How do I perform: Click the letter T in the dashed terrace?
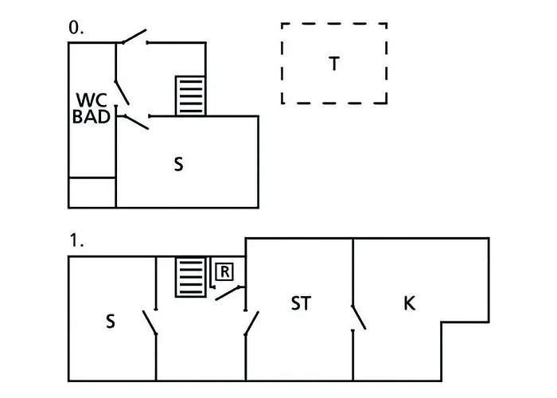click(x=334, y=64)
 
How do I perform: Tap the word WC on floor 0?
click(x=91, y=101)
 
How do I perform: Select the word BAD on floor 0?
click(x=91, y=118)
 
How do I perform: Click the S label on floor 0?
click(x=179, y=164)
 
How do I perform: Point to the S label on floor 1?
click(x=111, y=321)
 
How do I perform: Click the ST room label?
click(x=300, y=303)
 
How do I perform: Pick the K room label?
click(x=410, y=303)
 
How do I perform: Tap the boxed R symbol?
click(x=224, y=272)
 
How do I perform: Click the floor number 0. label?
click(x=76, y=28)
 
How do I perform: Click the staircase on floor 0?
click(x=190, y=96)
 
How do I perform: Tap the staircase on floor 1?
click(x=191, y=276)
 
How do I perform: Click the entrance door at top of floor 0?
click(x=133, y=37)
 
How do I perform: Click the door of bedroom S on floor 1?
click(x=149, y=322)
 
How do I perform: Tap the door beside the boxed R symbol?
click(x=230, y=291)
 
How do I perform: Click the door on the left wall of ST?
click(x=251, y=323)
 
